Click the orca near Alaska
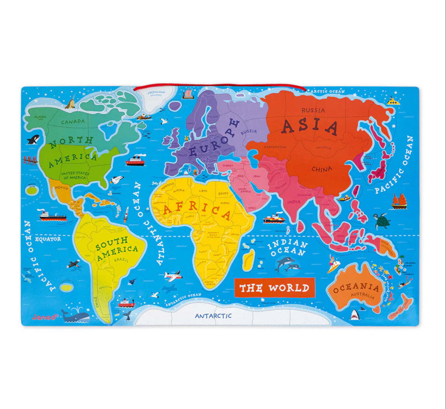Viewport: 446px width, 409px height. [33, 140]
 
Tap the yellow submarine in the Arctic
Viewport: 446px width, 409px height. [393, 101]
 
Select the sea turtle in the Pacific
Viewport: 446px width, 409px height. [382, 221]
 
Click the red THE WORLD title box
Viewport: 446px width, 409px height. [274, 288]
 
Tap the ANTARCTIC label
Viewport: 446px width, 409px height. [213, 316]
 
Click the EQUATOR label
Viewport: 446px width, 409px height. [48, 239]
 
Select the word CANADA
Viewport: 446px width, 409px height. [73, 122]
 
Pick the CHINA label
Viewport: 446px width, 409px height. [322, 169]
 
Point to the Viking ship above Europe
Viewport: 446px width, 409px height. [188, 94]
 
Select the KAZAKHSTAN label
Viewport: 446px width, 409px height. [275, 147]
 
